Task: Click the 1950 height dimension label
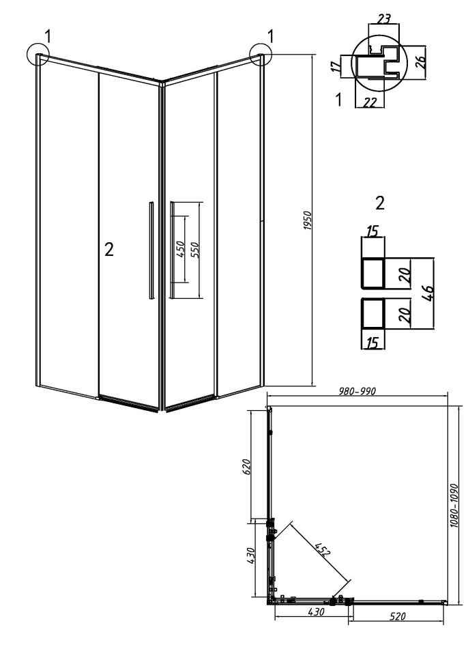tap(308, 220)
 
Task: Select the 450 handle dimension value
tap(179, 249)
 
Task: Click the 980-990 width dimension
tap(357, 391)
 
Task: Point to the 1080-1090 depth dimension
tap(453, 505)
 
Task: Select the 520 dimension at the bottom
tap(398, 616)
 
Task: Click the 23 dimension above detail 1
tap(383, 19)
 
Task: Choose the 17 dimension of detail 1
tap(336, 66)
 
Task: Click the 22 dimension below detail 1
tap(370, 102)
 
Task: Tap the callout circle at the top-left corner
tap(38, 54)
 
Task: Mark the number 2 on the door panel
tap(109, 250)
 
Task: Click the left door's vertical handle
tap(151, 250)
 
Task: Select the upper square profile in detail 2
tap(373, 273)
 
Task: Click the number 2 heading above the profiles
tap(380, 203)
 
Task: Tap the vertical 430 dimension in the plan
tap(251, 557)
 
